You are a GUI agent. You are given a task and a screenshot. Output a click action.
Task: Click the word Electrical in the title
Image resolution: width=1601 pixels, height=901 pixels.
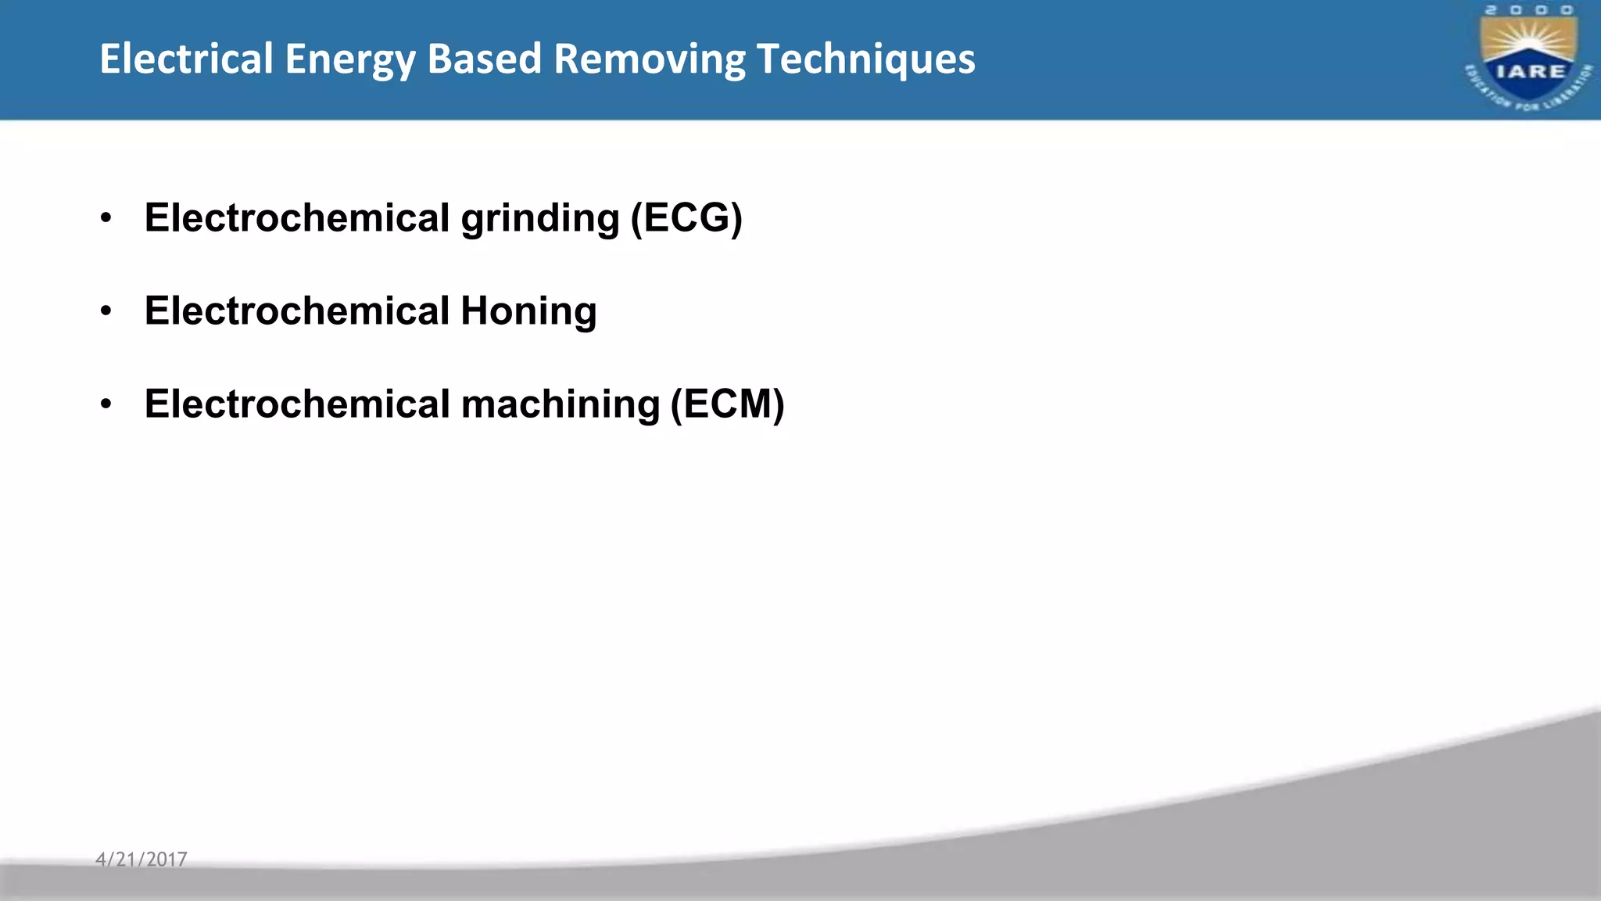click(x=186, y=59)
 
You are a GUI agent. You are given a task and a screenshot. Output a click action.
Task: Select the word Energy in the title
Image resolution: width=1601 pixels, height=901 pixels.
click(x=349, y=60)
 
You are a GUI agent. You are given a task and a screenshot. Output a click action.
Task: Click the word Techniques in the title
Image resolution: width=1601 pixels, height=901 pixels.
click(x=866, y=60)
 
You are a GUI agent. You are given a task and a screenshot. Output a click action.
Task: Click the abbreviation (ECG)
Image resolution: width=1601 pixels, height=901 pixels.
click(x=686, y=218)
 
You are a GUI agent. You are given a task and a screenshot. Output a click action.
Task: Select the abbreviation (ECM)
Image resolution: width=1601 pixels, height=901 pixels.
click(x=728, y=405)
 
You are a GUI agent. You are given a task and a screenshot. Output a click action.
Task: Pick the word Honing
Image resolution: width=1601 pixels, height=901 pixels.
click(x=528, y=312)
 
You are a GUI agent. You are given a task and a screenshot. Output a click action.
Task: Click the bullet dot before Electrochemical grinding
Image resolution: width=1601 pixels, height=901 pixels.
click(x=106, y=218)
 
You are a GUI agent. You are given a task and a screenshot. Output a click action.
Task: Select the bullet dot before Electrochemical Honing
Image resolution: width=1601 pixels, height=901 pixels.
click(x=106, y=312)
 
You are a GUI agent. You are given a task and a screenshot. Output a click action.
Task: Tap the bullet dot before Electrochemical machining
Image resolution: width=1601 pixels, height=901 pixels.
click(x=106, y=405)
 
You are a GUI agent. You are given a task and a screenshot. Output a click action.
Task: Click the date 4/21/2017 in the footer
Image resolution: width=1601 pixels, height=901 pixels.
click(x=141, y=860)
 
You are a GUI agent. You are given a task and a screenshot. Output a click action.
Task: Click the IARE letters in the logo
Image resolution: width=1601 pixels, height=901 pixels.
click(x=1529, y=71)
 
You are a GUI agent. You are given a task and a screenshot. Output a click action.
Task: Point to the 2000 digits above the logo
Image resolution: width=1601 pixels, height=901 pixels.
click(x=1529, y=10)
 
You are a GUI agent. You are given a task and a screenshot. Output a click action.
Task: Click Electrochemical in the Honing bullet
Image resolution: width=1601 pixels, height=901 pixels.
click(x=297, y=311)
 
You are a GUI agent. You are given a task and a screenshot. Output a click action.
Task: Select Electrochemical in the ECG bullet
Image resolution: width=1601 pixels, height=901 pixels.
click(x=297, y=217)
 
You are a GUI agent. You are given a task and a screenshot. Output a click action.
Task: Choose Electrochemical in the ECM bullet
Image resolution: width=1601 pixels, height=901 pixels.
click(x=297, y=404)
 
